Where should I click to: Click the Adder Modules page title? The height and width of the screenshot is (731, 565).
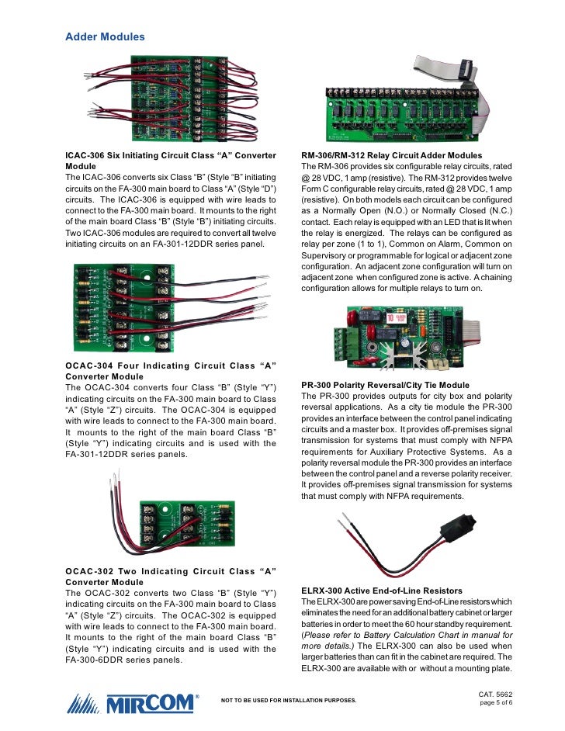tap(105, 36)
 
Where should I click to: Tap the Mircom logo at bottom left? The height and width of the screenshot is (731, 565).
tap(131, 704)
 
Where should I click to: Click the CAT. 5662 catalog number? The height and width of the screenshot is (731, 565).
tap(497, 692)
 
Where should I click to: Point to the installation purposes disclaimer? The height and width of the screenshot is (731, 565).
tap(289, 700)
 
